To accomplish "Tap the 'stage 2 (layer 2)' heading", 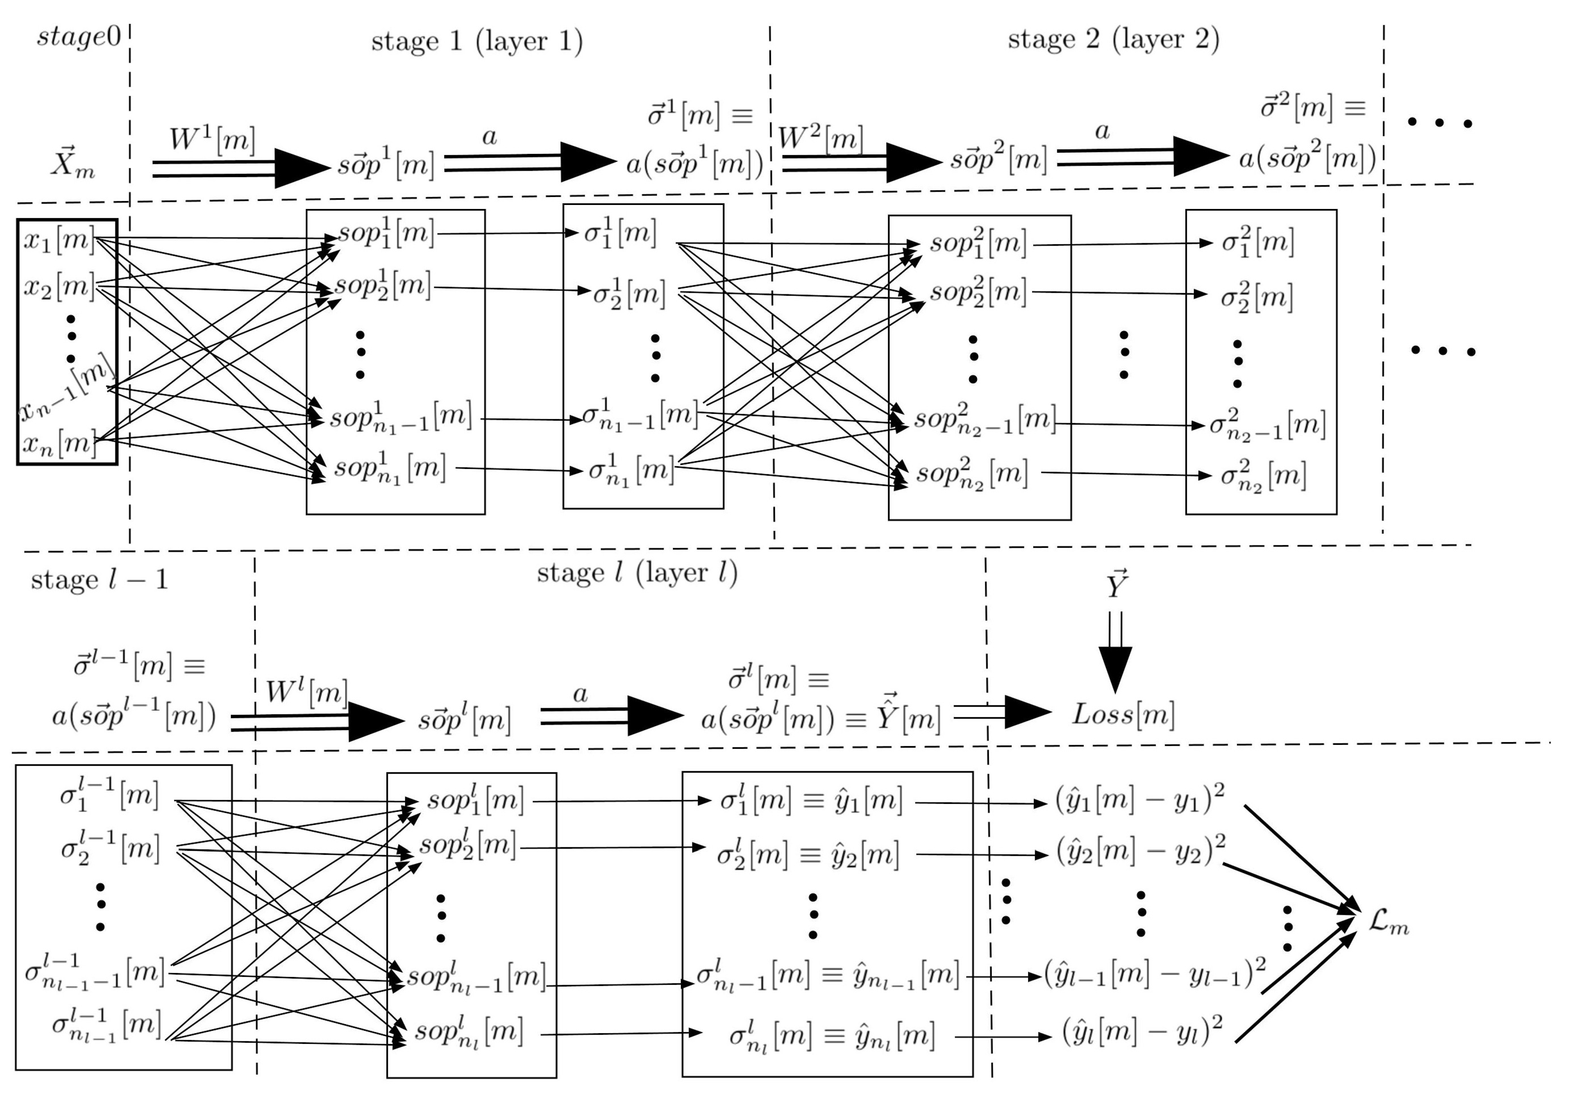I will click(x=1113, y=39).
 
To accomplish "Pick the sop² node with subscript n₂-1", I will click(x=985, y=419).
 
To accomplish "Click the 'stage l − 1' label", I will click(x=99, y=580).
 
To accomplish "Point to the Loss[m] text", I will click(x=1123, y=714).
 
